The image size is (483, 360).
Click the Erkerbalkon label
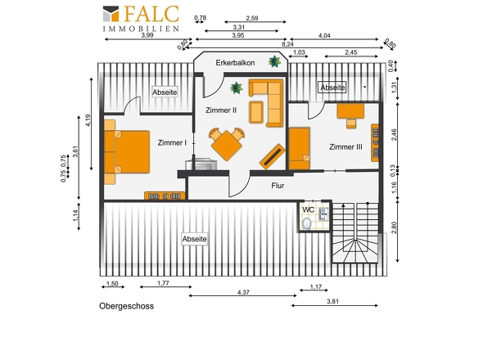pyautogui.click(x=235, y=63)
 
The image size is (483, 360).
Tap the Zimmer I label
pyautogui.click(x=172, y=143)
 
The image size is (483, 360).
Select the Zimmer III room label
pyautogui.click(x=345, y=147)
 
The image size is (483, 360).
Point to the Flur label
pyautogui.click(x=278, y=186)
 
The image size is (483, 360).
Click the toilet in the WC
pyautogui.click(x=307, y=223)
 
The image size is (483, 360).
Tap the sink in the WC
pyautogui.click(x=323, y=214)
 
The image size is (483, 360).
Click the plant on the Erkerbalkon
pyautogui.click(x=274, y=61)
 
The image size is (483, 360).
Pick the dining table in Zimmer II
pyautogui.click(x=227, y=146)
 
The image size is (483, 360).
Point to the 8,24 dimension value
pyautogui.click(x=287, y=44)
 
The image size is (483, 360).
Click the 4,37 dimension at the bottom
pyautogui.click(x=243, y=292)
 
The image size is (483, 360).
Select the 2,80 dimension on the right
pyautogui.click(x=394, y=227)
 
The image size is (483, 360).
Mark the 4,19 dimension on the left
pyautogui.click(x=88, y=120)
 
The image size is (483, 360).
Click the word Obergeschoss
pyautogui.click(x=126, y=306)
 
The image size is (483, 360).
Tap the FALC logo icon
pyautogui.click(x=111, y=14)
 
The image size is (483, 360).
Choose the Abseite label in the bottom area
pyautogui.click(x=194, y=239)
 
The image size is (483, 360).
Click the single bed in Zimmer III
pyautogui.click(x=299, y=149)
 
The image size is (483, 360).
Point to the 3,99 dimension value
pyautogui.click(x=147, y=35)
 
